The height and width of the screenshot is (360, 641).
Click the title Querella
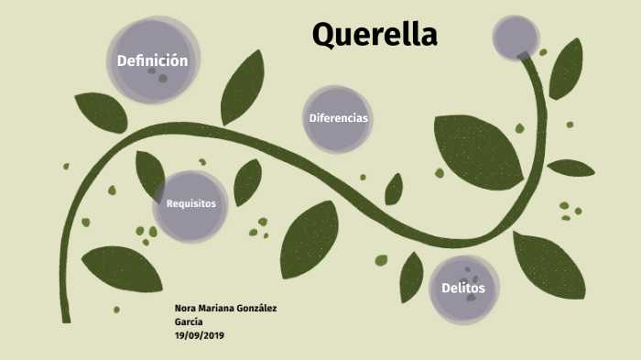(x=375, y=35)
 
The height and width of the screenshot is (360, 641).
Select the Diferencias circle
(x=338, y=118)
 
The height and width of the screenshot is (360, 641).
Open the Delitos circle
(x=464, y=289)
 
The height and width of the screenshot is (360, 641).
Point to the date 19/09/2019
(x=200, y=335)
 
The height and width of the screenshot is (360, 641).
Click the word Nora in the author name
(x=185, y=308)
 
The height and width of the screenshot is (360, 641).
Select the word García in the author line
(x=189, y=322)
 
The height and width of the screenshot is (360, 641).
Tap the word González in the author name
(x=256, y=308)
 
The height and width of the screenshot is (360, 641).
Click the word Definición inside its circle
(x=152, y=60)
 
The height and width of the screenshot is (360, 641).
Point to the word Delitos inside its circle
(x=464, y=289)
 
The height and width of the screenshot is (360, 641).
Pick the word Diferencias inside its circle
(x=338, y=118)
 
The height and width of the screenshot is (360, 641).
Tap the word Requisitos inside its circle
(x=190, y=203)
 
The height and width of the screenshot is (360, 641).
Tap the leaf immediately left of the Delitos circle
(x=412, y=276)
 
